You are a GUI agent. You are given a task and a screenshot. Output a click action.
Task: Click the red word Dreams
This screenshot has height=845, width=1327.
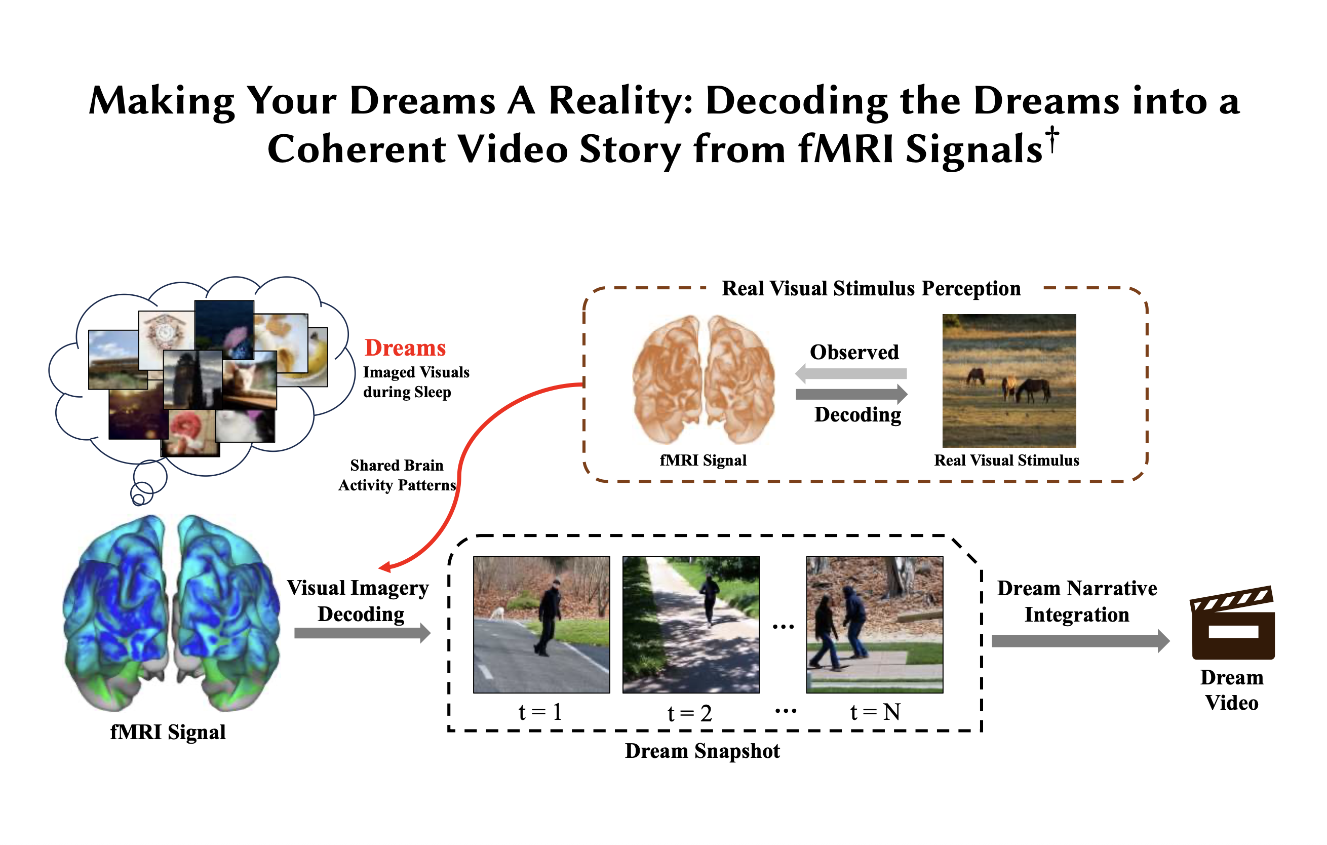(x=405, y=349)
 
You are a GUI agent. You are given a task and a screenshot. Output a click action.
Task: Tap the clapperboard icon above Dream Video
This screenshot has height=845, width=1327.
(x=1233, y=623)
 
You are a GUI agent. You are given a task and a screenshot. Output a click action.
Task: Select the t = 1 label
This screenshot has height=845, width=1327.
(x=540, y=712)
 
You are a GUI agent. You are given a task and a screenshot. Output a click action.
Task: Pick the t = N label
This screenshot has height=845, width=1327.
(x=875, y=712)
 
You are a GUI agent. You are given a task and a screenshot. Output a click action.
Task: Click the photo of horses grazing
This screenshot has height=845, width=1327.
(x=1009, y=380)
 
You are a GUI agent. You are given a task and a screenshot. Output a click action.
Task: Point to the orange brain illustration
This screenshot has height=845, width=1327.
(x=704, y=379)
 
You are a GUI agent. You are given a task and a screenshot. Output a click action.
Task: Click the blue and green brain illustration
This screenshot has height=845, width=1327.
(x=171, y=613)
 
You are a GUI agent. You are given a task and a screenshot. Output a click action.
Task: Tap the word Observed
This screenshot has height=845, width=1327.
(x=854, y=352)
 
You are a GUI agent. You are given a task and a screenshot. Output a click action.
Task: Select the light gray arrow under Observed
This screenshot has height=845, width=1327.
(x=851, y=374)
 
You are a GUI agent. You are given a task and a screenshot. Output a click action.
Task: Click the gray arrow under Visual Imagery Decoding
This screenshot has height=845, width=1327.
(x=363, y=633)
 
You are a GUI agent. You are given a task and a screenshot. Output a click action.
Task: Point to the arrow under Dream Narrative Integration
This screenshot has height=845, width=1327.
(x=1081, y=641)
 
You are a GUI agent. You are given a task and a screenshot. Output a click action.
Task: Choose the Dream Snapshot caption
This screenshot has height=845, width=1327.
(x=702, y=751)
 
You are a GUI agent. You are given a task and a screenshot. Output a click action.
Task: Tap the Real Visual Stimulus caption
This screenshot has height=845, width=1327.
(x=1006, y=460)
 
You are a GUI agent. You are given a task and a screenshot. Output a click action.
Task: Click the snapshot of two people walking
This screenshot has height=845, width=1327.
(x=875, y=625)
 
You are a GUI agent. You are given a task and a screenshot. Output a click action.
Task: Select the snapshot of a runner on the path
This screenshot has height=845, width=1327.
(x=691, y=625)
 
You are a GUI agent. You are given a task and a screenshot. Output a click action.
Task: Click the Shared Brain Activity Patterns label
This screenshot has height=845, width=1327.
(x=397, y=475)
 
